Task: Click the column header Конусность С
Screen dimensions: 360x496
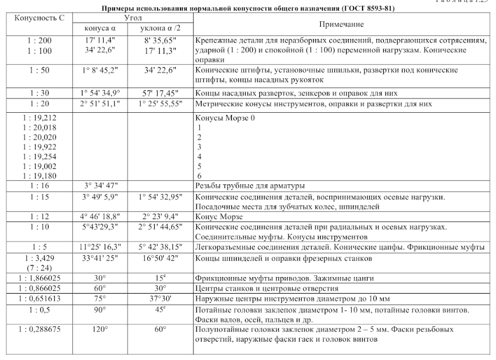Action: coord(38,18)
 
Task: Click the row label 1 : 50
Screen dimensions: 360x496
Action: coord(38,70)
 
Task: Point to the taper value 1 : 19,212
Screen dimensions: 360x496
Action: coord(38,117)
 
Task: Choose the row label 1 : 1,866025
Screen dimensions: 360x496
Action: coord(38,278)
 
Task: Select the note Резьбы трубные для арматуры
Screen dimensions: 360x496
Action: coord(250,186)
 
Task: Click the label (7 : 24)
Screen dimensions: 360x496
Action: coord(38,268)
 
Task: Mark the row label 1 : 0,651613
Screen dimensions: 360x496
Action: coord(38,299)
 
